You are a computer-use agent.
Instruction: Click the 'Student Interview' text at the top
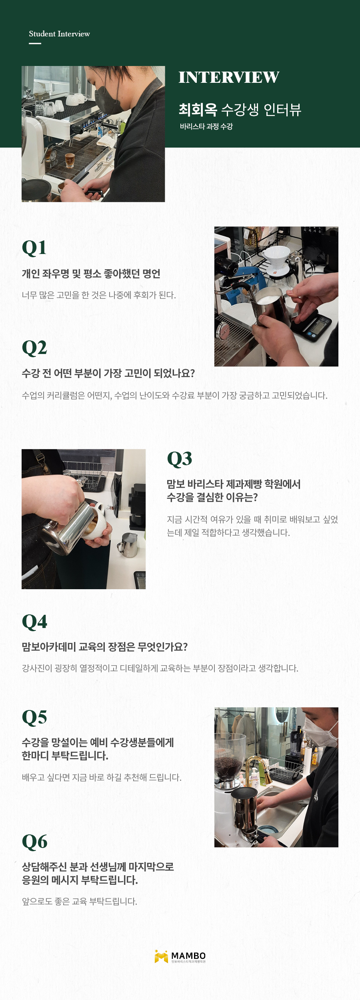click(x=59, y=34)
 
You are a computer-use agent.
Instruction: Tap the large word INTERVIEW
click(x=229, y=78)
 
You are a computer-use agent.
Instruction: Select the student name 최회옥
click(x=198, y=110)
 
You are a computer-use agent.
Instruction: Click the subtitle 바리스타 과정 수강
click(x=206, y=126)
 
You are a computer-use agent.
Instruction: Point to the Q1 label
click(x=34, y=248)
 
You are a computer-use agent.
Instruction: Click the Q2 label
click(x=34, y=348)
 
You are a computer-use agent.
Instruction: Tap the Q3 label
click(x=179, y=459)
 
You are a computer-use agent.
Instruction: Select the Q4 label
click(x=34, y=622)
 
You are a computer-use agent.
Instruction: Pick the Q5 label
click(x=34, y=718)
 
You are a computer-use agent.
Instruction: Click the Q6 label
click(x=34, y=842)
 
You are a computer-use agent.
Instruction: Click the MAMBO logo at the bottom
click(x=180, y=956)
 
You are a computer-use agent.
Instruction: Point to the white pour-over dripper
click(x=278, y=258)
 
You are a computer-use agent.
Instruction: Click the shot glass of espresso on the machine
click(x=70, y=160)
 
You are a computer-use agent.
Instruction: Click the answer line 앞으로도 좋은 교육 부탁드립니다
click(x=80, y=902)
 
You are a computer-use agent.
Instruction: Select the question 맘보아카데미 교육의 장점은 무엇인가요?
click(x=105, y=647)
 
